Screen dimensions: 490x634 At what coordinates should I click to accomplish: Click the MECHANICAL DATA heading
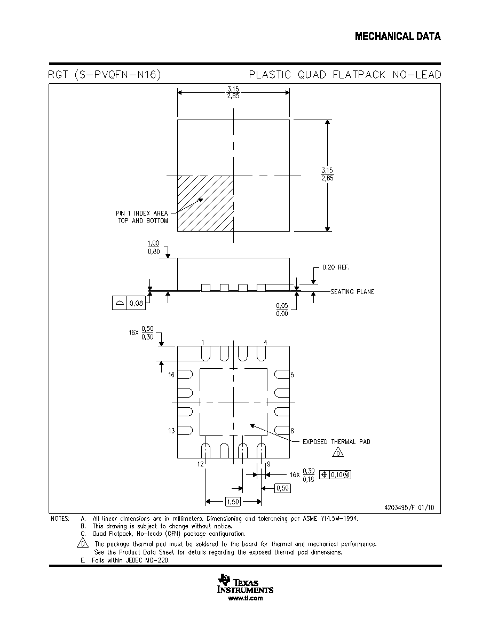coord(398,36)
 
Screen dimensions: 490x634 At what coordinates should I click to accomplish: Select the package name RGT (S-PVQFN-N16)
coord(105,75)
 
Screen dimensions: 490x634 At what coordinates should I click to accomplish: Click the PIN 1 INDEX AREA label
coord(142,213)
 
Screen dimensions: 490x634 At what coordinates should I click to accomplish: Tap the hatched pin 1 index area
coord(206,203)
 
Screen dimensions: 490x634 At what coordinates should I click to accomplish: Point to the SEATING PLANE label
coord(352,291)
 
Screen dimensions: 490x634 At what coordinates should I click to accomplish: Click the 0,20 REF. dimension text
coord(336,267)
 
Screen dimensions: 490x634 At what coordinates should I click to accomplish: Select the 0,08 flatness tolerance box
coord(129,303)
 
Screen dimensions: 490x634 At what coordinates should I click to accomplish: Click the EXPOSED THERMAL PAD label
coord(336,441)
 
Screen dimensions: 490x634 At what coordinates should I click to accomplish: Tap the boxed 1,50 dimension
coord(233,502)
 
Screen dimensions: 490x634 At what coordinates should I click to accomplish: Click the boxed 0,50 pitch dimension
coord(282,488)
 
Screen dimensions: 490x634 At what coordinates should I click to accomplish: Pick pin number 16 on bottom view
coord(171,375)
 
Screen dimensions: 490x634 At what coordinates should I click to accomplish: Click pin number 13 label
coord(171,431)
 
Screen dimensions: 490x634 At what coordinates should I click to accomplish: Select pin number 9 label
coord(268,464)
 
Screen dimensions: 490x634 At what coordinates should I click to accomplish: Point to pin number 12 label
coord(201,464)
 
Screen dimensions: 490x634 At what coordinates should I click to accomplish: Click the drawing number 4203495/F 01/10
coord(409,508)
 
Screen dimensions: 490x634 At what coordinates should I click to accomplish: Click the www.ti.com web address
coord(246,598)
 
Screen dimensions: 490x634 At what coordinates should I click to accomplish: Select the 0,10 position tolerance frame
coord(335,474)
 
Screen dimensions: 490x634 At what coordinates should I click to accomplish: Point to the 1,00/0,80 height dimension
coord(154,248)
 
